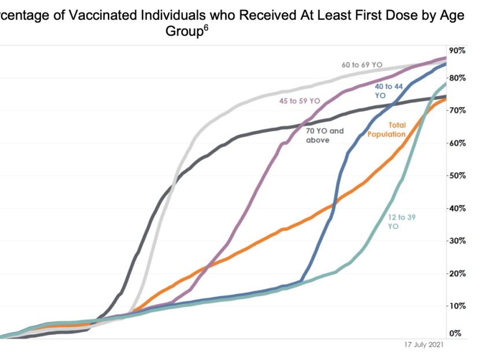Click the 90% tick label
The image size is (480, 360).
pos(457,50)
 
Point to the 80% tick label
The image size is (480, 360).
pos(457,78)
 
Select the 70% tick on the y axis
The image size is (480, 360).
pos(457,110)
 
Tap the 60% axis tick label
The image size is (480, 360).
pos(457,142)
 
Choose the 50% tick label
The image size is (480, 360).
pos(457,175)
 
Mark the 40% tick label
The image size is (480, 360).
pos(457,208)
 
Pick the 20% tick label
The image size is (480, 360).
pos(457,273)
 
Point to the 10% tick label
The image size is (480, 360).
pos(457,306)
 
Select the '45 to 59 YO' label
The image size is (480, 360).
pos(300,101)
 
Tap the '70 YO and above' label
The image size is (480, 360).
pos(325,135)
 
